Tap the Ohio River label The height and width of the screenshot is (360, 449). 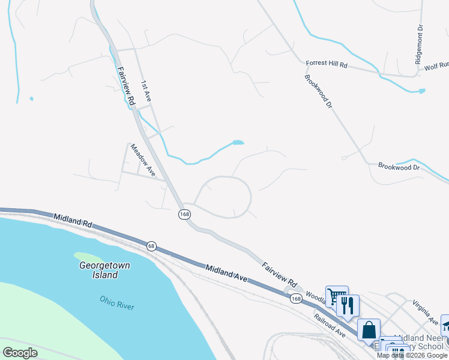(117, 302)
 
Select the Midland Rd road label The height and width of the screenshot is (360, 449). (73, 220)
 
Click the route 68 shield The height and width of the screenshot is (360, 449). (151, 245)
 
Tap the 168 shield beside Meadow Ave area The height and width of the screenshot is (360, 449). (184, 214)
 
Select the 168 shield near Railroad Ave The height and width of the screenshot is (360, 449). (295, 298)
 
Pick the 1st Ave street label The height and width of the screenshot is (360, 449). (146, 91)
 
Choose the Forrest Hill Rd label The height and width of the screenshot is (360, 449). (327, 63)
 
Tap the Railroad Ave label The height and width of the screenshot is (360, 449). (329, 324)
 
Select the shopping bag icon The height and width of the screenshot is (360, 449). (369, 330)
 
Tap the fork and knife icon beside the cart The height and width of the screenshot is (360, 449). (348, 305)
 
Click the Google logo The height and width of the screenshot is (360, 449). (20, 352)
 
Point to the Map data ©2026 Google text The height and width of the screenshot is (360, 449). (412, 355)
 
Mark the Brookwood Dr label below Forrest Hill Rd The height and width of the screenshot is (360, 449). (318, 91)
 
